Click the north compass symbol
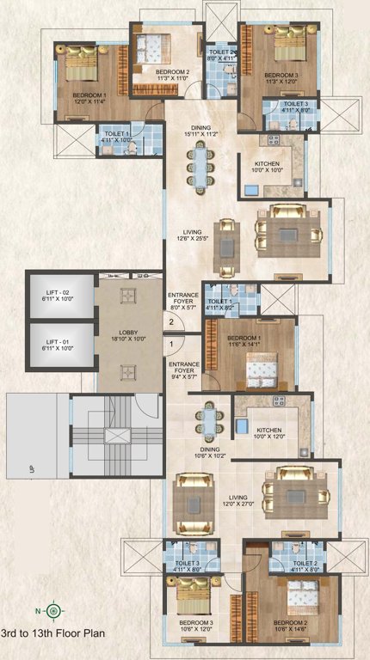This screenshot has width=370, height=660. coord(53,609)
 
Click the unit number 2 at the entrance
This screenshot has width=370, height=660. coord(172,322)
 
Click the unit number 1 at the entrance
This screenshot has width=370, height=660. coord(172,345)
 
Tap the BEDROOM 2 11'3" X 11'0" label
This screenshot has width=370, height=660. coord(173,75)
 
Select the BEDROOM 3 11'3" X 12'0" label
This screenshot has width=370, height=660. coord(282,79)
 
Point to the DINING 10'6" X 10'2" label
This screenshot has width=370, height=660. coord(211,452)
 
